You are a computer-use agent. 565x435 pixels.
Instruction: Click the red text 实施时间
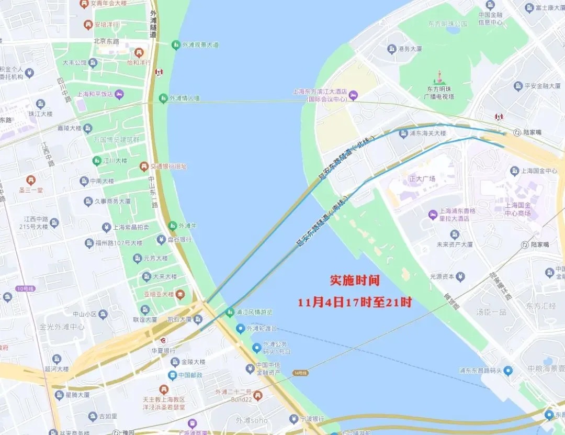coord(355,281)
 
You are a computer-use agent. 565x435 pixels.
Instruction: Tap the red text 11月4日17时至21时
coord(355,303)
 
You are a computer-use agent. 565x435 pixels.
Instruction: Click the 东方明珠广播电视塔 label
coord(440,93)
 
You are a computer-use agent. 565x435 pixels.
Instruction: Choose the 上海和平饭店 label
coord(95,95)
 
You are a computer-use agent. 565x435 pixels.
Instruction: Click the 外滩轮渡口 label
coord(262,329)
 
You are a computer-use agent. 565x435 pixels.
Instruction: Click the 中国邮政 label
coord(193,375)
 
